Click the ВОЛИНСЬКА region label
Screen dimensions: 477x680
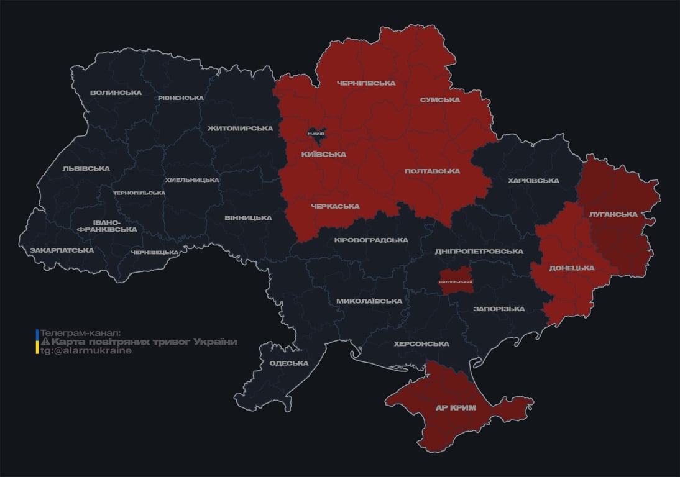116,93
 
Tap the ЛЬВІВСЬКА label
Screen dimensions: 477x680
86,169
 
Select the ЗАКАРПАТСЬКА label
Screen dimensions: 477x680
62,251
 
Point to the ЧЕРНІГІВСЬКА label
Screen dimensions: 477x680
365,83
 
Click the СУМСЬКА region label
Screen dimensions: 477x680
439,100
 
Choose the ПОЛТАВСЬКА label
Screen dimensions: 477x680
432,171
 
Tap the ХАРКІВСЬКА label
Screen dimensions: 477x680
533,181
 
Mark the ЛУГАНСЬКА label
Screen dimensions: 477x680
613,214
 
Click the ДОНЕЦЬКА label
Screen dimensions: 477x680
571,268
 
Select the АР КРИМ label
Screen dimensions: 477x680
456,408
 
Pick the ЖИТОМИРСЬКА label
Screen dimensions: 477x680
240,129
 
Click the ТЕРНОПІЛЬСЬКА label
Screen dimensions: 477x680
139,193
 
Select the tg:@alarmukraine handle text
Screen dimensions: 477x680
86,351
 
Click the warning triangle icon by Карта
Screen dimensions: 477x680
45,342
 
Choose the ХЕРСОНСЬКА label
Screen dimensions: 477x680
421,344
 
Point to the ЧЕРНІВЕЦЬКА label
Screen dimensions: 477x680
155,253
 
